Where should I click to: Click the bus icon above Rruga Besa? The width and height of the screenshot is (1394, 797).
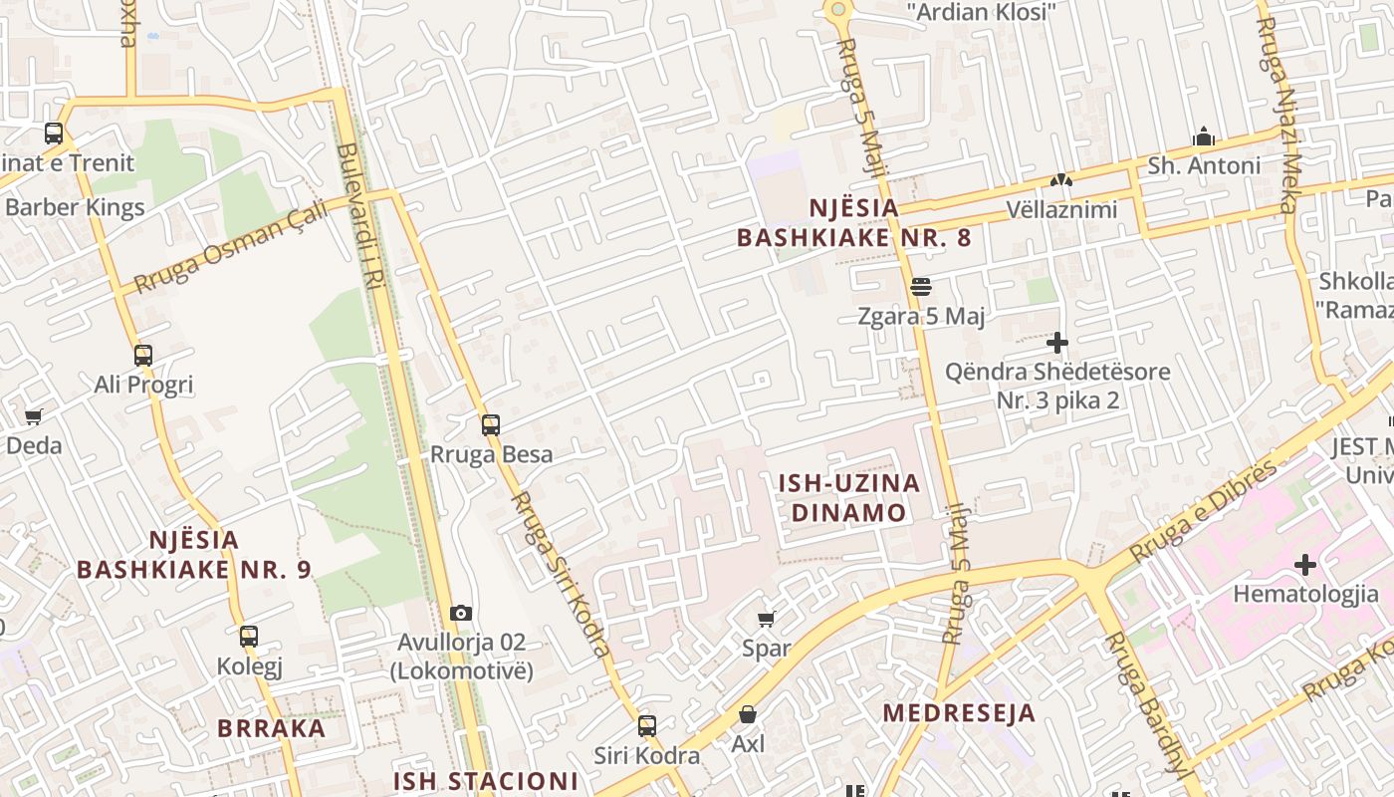[x=490, y=425]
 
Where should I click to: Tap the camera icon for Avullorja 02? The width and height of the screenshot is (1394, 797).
[x=461, y=613]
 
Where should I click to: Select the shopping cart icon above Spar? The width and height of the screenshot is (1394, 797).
[x=767, y=620]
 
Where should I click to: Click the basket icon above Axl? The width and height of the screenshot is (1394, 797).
[x=748, y=714]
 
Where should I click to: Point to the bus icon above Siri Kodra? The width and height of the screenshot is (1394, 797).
[x=647, y=726]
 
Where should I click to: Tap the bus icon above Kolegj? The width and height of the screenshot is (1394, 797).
[x=249, y=636]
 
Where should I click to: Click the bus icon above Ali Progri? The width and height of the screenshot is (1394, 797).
[x=143, y=355]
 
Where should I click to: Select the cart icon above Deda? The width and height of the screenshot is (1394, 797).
[x=34, y=416]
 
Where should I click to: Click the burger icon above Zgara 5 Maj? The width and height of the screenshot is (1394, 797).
[x=921, y=287]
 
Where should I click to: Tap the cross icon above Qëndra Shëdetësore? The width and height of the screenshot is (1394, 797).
[x=1057, y=343]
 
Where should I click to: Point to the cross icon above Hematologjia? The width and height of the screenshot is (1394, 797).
[x=1305, y=565]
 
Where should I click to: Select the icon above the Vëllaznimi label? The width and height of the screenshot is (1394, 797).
[x=1061, y=181]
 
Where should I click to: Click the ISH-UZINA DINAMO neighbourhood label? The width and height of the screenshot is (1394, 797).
[x=848, y=498]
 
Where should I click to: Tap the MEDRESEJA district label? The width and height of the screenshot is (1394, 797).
[x=959, y=713]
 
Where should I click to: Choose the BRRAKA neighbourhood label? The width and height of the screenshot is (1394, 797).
[x=272, y=727]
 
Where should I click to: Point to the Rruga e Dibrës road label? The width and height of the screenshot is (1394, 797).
[x=1204, y=509]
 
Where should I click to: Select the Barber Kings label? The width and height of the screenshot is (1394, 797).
[x=76, y=208]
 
